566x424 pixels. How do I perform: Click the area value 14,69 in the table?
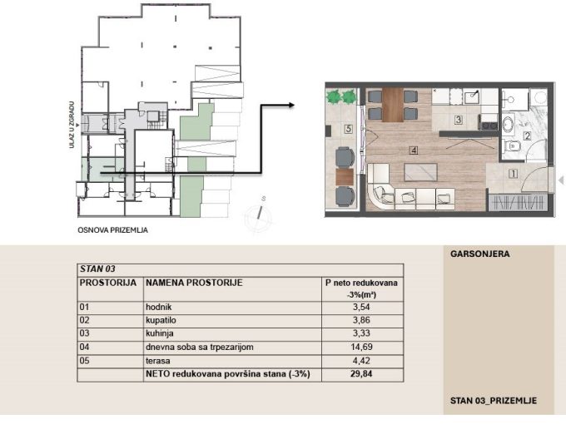tap(362, 347)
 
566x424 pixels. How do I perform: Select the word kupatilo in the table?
tap(161, 321)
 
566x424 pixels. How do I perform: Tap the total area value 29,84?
tap(361, 374)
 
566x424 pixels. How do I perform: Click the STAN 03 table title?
tap(97, 269)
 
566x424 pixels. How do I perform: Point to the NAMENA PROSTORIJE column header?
tap(194, 283)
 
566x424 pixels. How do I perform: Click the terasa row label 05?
tap(84, 361)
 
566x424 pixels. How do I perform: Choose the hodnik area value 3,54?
tap(361, 307)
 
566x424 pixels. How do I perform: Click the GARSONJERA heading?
tap(479, 254)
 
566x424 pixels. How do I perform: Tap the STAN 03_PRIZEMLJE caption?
tap(493, 401)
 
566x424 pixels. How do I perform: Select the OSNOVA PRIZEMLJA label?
tap(112, 230)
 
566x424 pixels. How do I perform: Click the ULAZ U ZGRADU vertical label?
tap(72, 125)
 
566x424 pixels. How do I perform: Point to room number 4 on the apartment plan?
tap(414, 150)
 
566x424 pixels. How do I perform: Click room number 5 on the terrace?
tap(348, 128)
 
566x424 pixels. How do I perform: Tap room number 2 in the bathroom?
tap(528, 136)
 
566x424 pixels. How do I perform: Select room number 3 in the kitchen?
tap(458, 120)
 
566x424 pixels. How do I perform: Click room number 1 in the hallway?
tap(513, 174)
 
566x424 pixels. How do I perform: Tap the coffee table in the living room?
tap(421, 172)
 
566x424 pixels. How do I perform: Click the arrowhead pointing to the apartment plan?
tap(291, 105)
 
